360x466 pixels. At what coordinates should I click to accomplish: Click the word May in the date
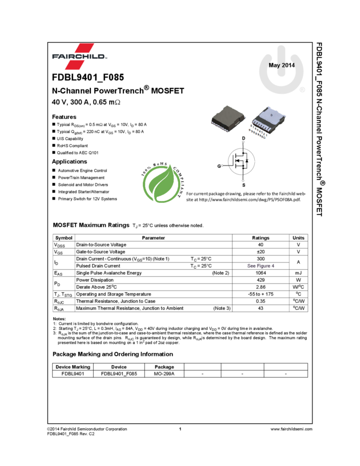tap(274, 65)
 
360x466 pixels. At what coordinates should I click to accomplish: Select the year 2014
tap(289, 65)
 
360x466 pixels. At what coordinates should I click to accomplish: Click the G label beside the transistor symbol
tap(219, 165)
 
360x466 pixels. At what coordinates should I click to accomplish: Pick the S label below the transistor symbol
tap(244, 185)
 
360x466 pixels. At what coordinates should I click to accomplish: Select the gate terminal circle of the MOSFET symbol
tap(224, 165)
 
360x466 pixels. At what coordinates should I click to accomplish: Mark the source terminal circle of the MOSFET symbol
tap(244, 180)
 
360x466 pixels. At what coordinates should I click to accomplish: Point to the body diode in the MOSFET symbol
tap(247, 161)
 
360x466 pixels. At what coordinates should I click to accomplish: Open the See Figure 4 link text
tap(261, 266)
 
